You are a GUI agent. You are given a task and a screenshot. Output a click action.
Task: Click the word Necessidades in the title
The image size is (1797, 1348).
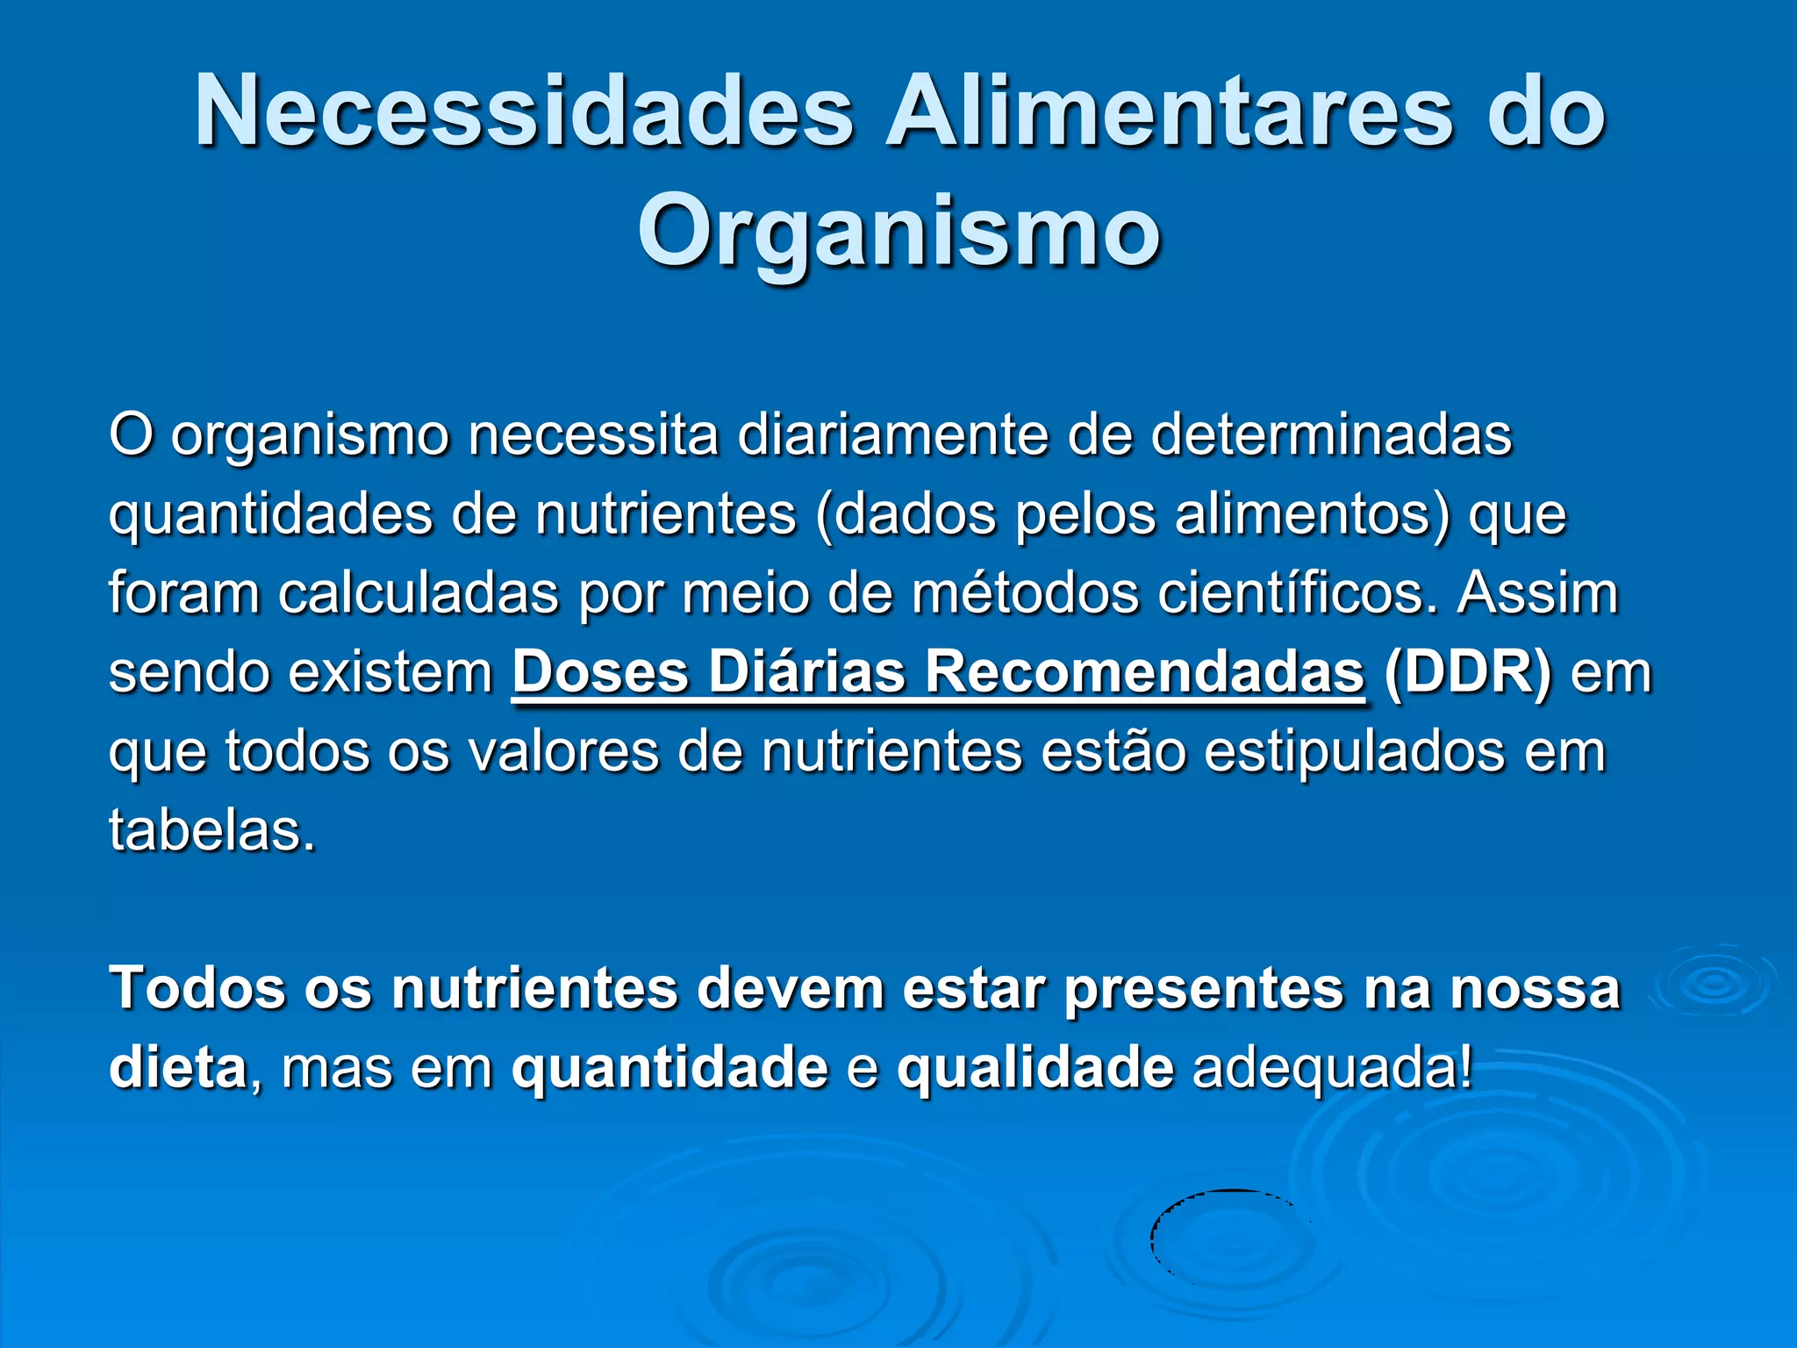coord(524,112)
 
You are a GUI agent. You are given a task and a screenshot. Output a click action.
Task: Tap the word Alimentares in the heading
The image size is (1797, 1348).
coord(1168,112)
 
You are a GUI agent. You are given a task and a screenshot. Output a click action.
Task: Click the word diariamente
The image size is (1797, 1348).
coord(892,434)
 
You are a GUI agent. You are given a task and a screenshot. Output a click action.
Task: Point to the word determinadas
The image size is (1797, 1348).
coord(1331,434)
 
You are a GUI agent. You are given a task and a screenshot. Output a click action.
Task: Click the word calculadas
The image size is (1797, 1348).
coord(419,593)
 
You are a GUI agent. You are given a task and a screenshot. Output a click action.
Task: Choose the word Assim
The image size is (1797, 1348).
coord(1537,593)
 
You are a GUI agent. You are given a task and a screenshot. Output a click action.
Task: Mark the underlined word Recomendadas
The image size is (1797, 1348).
coord(1144,673)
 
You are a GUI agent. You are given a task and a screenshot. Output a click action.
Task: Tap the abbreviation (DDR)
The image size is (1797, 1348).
coord(1467,673)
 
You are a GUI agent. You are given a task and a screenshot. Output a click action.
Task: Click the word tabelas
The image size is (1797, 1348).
coord(211,830)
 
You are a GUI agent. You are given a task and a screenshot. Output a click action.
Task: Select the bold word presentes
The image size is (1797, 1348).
coord(1203,989)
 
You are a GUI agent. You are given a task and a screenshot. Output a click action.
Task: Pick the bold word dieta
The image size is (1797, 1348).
coord(178,1068)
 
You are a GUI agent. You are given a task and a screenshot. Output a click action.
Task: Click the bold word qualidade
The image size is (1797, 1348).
coord(1035,1068)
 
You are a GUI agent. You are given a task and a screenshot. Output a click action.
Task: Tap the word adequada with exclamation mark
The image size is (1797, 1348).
coord(1332,1068)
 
